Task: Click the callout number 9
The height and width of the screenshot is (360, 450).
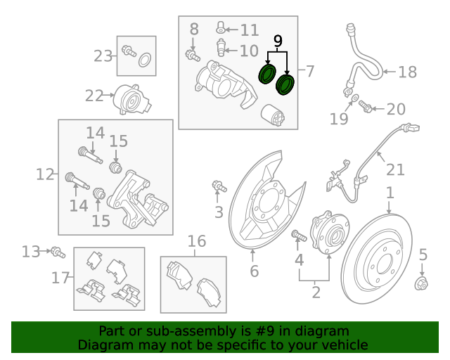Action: pyautogui.click(x=278, y=41)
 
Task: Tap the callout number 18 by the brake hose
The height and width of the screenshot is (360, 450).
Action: pyautogui.click(x=407, y=72)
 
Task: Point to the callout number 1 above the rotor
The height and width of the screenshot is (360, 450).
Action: pyautogui.click(x=390, y=193)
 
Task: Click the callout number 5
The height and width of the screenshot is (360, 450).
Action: pyautogui.click(x=423, y=255)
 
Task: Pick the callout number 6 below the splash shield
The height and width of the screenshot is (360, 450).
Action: pyautogui.click(x=254, y=271)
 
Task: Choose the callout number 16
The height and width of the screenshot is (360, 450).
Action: pyautogui.click(x=196, y=242)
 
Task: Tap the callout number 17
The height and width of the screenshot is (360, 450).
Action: pyautogui.click(x=60, y=278)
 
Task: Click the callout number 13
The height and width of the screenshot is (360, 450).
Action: pyautogui.click(x=31, y=251)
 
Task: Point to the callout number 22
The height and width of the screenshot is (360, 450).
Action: pyautogui.click(x=94, y=95)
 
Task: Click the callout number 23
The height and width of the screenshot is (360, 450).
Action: pyautogui.click(x=103, y=55)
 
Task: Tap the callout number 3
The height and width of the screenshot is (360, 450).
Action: pyautogui.click(x=219, y=212)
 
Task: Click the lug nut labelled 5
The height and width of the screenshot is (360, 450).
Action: pyautogui.click(x=423, y=283)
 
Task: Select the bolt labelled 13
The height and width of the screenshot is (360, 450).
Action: pyautogui.click(x=57, y=251)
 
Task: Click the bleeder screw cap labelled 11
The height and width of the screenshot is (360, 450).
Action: pyautogui.click(x=221, y=28)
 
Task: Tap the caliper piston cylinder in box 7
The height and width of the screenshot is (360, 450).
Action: pyautogui.click(x=271, y=115)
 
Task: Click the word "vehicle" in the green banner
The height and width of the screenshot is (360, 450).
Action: pyautogui.click(x=342, y=345)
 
